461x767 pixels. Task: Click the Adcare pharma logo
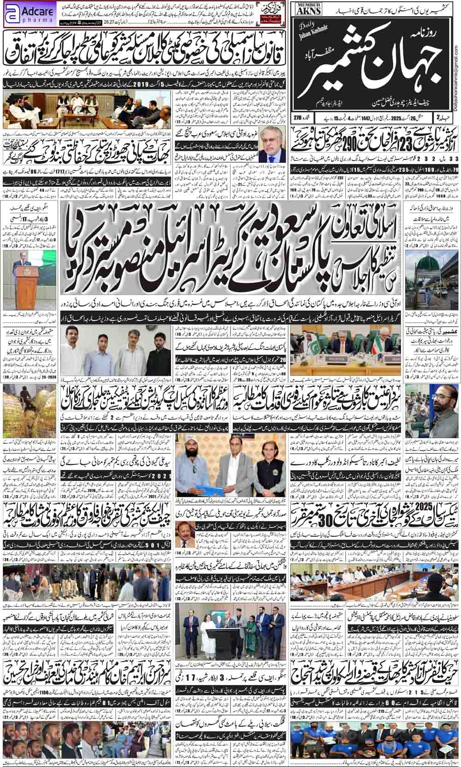(29, 13)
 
